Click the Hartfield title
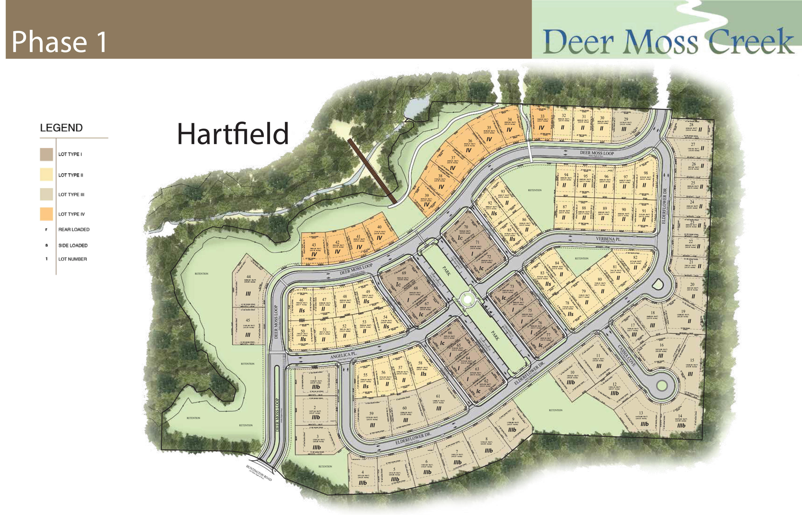pos(233,134)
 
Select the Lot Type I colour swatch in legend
pos(47,154)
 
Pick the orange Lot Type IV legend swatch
pos(47,214)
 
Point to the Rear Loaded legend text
pos(74,229)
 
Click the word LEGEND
pos(61,128)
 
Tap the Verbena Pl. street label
pos(608,239)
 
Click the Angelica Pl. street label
pos(344,355)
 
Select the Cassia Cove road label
pos(626,355)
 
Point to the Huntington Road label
pos(259,473)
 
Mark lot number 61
pos(438,396)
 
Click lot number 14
pos(680,416)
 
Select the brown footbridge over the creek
pos(372,171)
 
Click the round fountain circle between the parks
pos(466,300)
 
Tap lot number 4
pos(363,473)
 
